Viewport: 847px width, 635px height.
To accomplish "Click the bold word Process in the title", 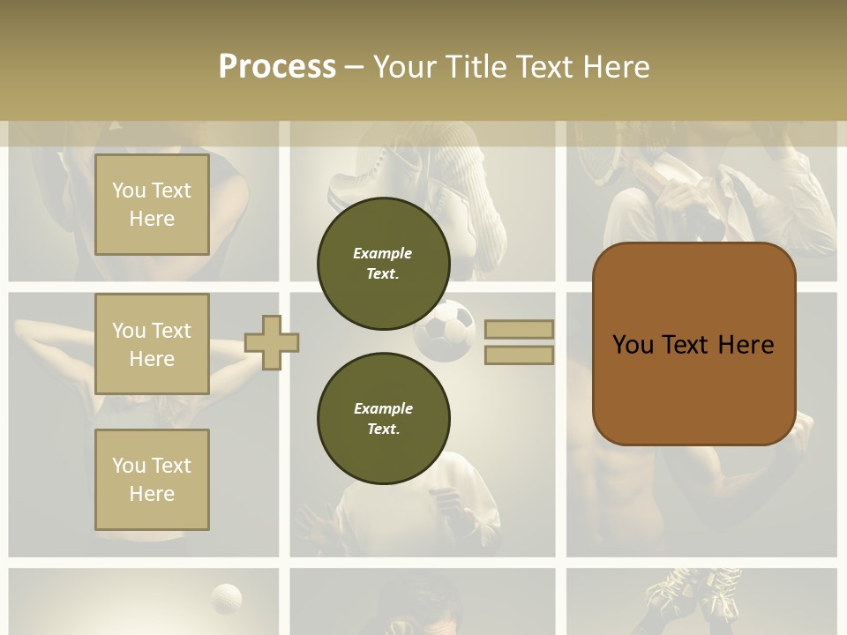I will pos(277,67).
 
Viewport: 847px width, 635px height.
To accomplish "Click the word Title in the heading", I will pos(476,67).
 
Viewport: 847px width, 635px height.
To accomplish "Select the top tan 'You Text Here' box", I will pos(152,205).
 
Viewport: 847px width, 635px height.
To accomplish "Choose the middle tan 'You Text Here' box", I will pos(152,344).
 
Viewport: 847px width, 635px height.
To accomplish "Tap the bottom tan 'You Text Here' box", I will pos(152,480).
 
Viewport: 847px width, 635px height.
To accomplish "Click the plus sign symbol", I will pos(272,342).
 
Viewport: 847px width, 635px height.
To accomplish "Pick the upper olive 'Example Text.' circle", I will pos(383,264).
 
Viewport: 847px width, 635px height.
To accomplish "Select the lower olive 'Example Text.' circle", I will pos(383,419).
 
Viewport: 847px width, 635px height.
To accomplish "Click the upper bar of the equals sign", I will pos(519,330).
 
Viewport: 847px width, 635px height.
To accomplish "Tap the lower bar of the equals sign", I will pos(519,355).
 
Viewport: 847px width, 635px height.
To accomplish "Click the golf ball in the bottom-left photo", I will pos(226,599).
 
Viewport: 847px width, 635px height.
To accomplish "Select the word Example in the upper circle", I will pos(383,253).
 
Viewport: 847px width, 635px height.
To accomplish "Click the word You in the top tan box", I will pos(129,190).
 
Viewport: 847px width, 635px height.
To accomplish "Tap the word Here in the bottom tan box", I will pos(152,494).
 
